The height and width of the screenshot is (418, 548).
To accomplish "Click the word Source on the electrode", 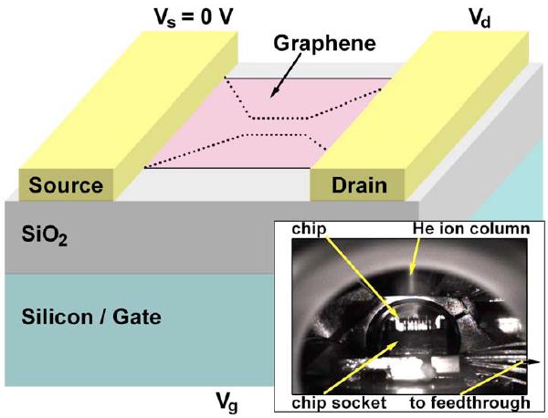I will click(x=66, y=185).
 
